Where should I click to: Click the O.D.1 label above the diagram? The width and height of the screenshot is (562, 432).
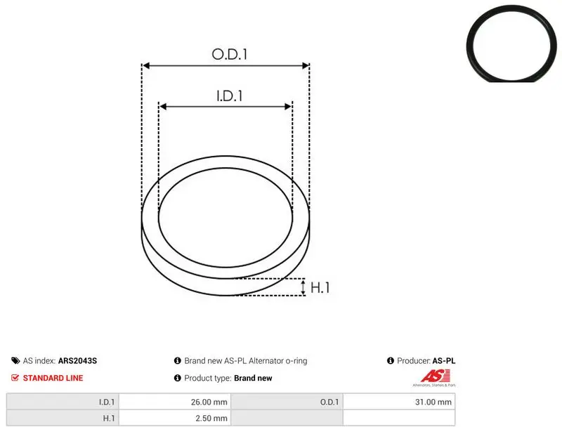coord(230,54)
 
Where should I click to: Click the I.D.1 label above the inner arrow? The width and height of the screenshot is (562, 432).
coord(230,96)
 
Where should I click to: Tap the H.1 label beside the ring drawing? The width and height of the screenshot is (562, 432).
coord(320,287)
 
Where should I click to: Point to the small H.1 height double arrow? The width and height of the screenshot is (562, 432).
coord(303,287)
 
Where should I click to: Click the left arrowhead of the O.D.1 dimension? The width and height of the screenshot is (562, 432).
coord(145,65)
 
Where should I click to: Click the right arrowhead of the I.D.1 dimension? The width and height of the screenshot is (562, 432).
coord(288,107)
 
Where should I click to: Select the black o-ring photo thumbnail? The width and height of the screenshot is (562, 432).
coord(512,44)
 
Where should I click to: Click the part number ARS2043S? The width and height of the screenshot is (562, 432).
coord(77,361)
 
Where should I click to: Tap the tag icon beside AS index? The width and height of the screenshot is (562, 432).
coord(15,360)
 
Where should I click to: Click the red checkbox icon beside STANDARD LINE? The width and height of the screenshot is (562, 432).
coord(15,377)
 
